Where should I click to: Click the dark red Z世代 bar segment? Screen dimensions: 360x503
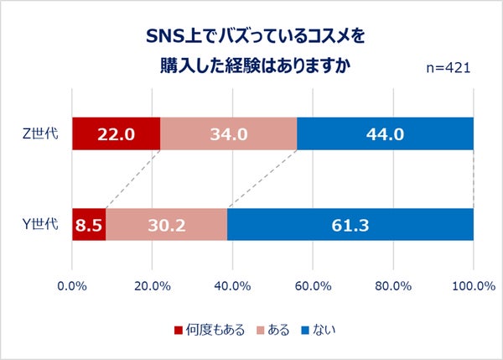point(116,134)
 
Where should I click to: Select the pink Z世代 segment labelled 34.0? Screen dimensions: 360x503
point(228,134)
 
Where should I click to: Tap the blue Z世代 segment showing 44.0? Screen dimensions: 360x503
point(385,134)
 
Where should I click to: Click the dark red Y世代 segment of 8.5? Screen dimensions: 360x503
point(89,224)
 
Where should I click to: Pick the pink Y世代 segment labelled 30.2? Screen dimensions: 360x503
point(166,224)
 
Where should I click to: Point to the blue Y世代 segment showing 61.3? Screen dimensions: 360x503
point(350,224)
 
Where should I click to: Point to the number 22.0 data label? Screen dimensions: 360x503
point(116,134)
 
